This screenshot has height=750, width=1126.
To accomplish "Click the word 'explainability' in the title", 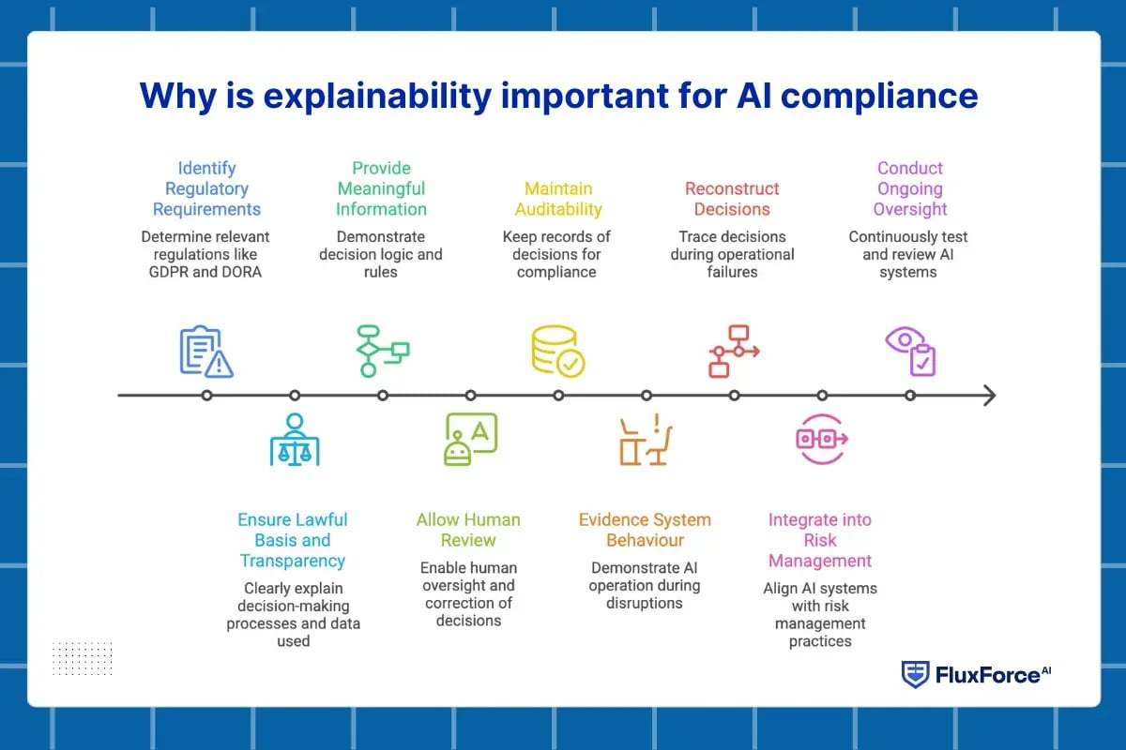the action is [x=377, y=96].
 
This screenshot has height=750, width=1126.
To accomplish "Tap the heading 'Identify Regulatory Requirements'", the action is [x=206, y=188].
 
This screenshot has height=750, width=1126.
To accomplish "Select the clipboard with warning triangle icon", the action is [x=206, y=352].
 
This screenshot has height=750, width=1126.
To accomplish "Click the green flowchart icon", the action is [x=383, y=351].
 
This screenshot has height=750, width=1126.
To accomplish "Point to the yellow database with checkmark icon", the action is [x=558, y=352].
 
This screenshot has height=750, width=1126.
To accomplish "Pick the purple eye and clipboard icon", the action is [x=910, y=352].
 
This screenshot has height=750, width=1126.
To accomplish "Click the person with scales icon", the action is [x=295, y=439].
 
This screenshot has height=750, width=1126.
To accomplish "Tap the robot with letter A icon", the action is [x=470, y=439].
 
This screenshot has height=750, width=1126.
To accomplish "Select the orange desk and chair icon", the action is [x=646, y=440].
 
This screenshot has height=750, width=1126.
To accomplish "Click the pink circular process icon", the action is [x=822, y=439].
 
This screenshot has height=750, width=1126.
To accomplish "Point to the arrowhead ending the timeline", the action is [x=989, y=396].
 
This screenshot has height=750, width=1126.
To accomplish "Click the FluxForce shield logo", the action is [x=916, y=674].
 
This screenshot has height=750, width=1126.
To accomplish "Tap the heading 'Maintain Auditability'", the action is [x=558, y=199].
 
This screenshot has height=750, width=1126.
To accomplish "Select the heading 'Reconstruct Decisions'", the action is [x=732, y=199].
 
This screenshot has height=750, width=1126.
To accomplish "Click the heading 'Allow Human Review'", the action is [x=468, y=530].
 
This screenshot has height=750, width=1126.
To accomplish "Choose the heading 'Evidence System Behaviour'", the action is [x=645, y=530].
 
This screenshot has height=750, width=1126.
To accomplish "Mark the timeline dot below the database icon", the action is [x=558, y=396].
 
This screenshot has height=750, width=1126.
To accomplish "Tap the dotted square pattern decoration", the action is [x=83, y=658].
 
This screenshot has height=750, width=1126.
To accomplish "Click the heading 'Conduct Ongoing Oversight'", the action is [x=910, y=188].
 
